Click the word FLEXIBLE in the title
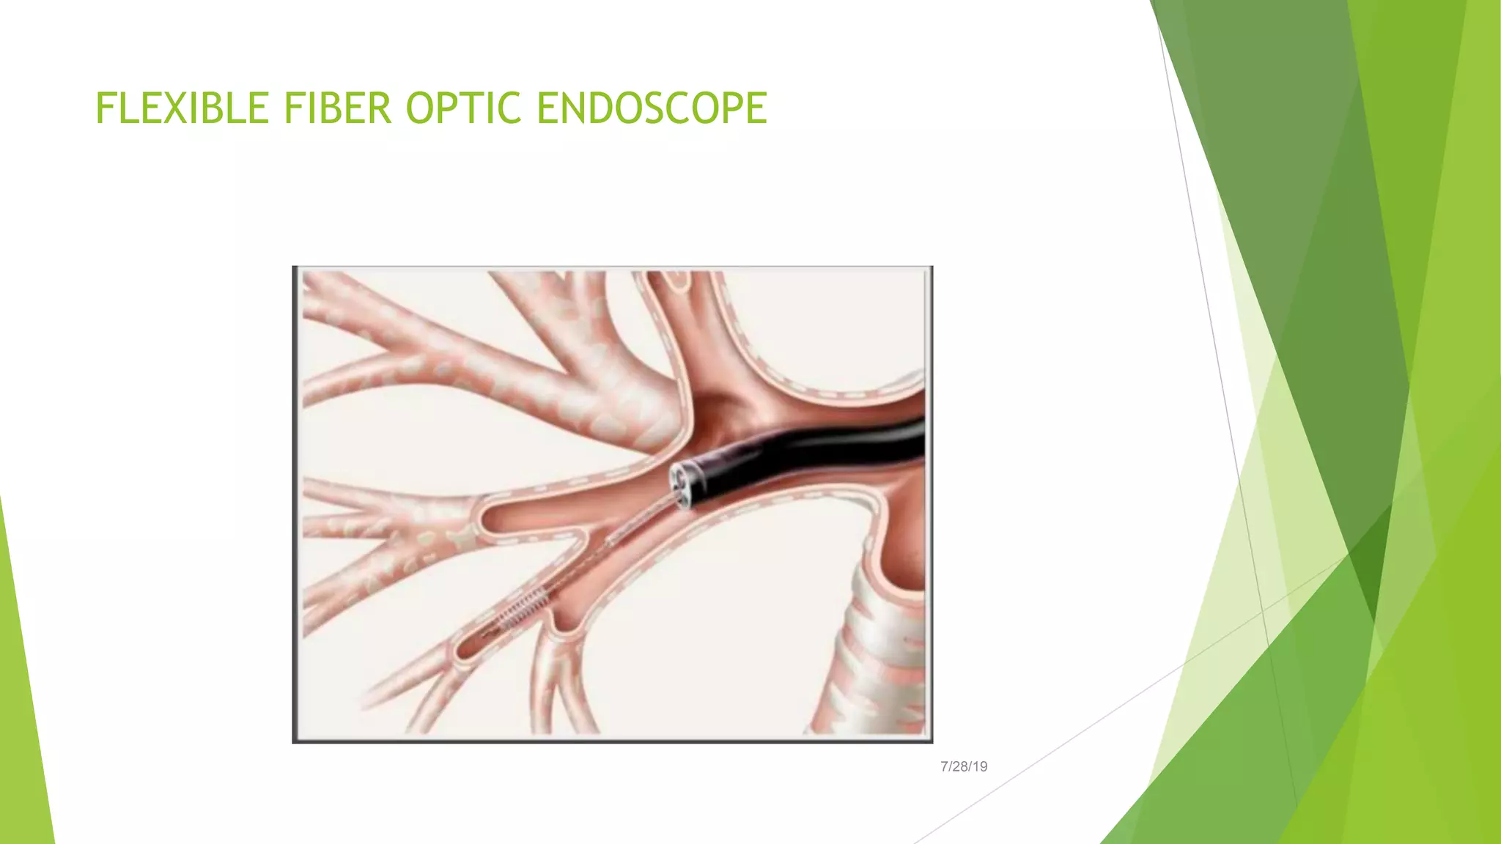tap(182, 108)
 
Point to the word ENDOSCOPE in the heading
tap(652, 108)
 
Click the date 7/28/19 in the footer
tap(964, 766)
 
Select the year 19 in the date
tap(980, 766)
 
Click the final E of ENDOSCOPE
tap(757, 108)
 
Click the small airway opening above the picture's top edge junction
tap(678, 278)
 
